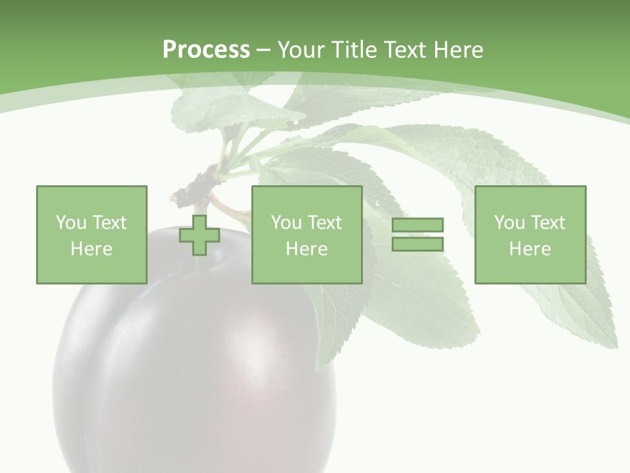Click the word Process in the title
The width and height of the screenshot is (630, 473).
coord(206,50)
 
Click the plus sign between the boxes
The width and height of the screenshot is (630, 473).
coord(199,235)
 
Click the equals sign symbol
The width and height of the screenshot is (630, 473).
coord(418,235)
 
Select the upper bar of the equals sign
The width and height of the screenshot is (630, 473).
coord(418,225)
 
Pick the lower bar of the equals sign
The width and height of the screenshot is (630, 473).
coord(418,244)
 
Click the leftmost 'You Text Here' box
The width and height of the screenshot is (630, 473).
coord(91,235)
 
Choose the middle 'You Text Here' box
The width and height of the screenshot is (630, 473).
coord(306,235)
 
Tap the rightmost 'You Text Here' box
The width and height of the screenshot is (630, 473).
coord(530,235)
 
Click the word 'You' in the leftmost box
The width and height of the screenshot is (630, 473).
coord(71,223)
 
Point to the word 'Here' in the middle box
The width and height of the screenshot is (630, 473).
coord(306,249)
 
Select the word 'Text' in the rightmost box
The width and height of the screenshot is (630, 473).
coord(547,223)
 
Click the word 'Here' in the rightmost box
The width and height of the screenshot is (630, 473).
coord(530,249)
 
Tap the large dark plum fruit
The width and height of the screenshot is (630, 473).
coord(197,368)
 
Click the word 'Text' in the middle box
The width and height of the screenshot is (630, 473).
coord(324,223)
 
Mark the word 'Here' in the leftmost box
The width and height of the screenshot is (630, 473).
coord(91,249)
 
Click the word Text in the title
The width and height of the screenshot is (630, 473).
coord(407,50)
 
